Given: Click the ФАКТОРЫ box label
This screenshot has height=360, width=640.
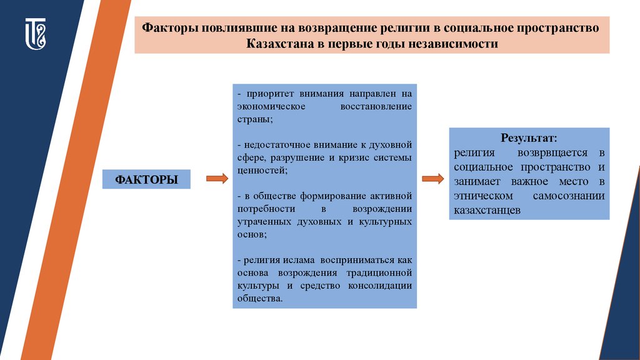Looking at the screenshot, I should (x=146, y=179).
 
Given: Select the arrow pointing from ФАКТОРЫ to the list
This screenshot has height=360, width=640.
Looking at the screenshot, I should (x=216, y=179).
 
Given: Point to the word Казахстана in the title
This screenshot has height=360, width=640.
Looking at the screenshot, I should (x=280, y=44).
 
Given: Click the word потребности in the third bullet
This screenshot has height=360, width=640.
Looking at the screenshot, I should (x=265, y=209).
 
